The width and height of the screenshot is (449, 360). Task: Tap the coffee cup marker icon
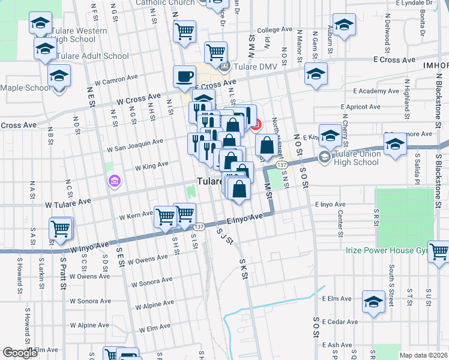pos(184,77)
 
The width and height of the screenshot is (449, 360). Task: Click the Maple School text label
pos(26,88)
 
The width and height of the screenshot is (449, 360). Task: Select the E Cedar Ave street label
pos(340,322)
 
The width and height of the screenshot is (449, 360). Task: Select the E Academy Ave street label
pos(376,91)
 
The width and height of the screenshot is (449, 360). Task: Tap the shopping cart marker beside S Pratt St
pos(60,229)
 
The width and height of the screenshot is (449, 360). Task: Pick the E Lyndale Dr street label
pos(409,3)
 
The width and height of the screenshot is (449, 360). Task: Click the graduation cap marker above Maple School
pos(59,76)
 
